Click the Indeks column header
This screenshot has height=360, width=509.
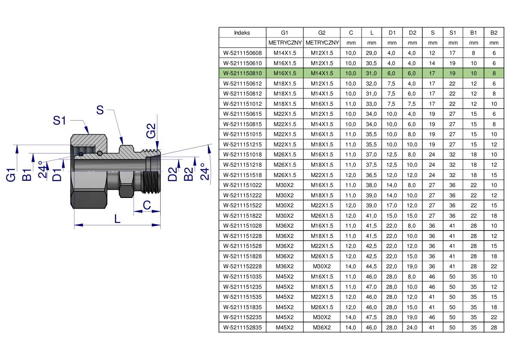pos(242,33)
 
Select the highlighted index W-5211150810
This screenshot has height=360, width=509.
pos(242,74)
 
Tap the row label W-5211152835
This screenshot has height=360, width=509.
pos(242,328)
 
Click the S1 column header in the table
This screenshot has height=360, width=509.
pos(453,33)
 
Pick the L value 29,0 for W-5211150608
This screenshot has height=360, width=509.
pos(371,53)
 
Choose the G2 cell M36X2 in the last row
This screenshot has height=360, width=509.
pos(322,328)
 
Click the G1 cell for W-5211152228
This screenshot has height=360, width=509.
pos(285,266)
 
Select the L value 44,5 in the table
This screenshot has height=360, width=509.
pos(371,266)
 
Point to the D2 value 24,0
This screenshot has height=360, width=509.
pos(412,328)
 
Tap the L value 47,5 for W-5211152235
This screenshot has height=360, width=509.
pos(371,318)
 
